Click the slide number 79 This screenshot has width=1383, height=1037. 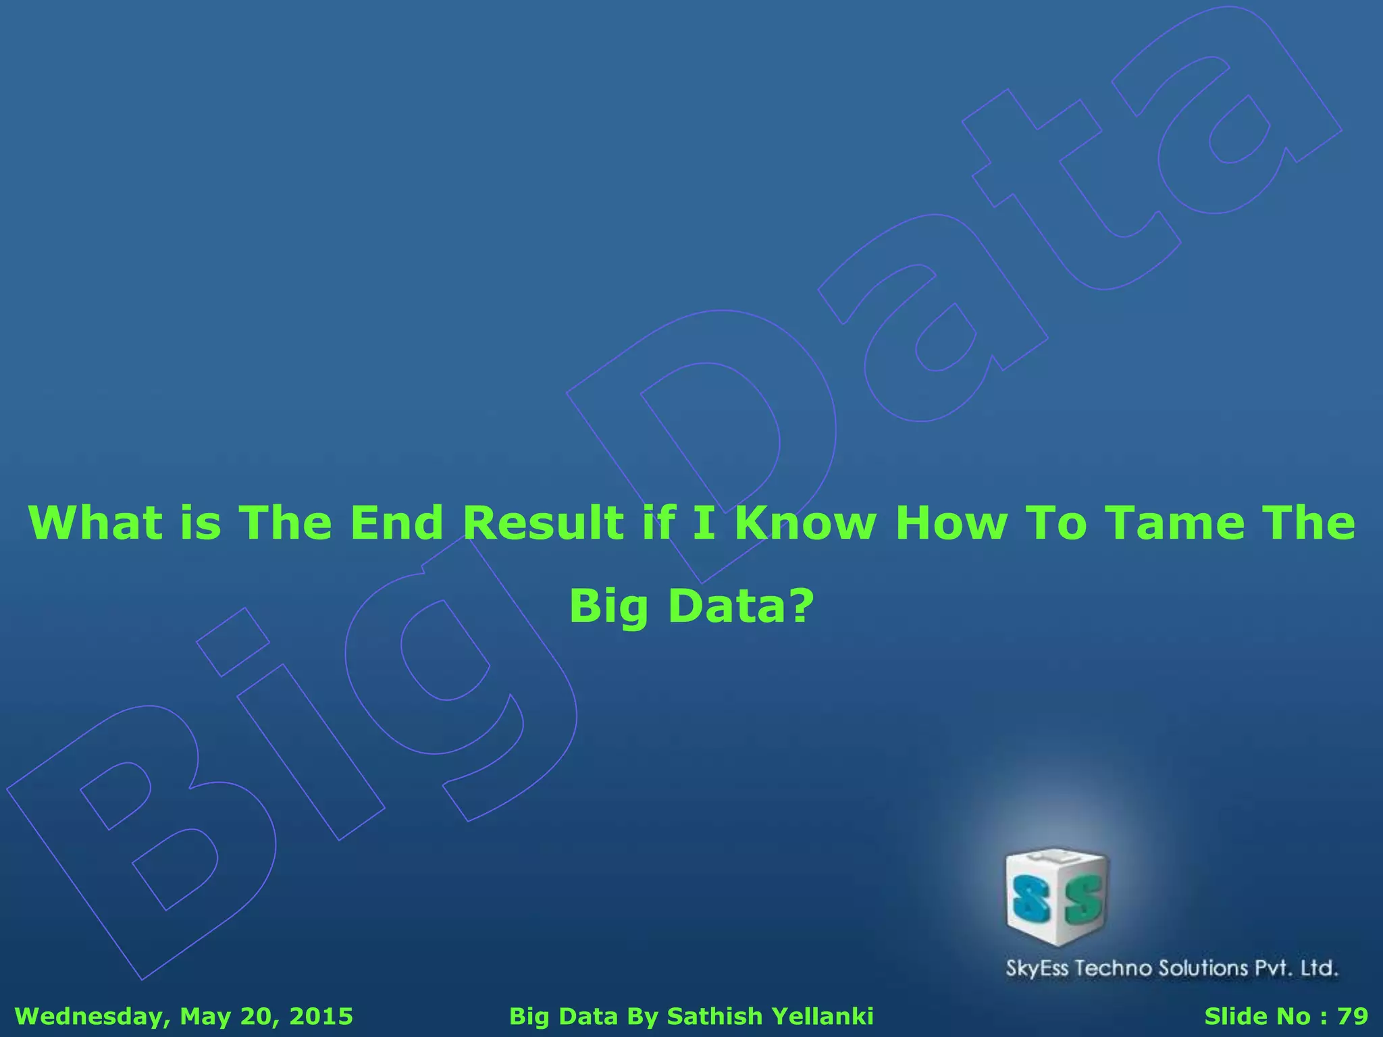coord(1353,1016)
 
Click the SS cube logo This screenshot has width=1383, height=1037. coord(1058,896)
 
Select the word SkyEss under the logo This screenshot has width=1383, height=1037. coord(1037,968)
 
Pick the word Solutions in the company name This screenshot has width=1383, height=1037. coord(1203,968)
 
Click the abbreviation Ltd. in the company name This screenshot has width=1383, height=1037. coord(1319,968)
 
